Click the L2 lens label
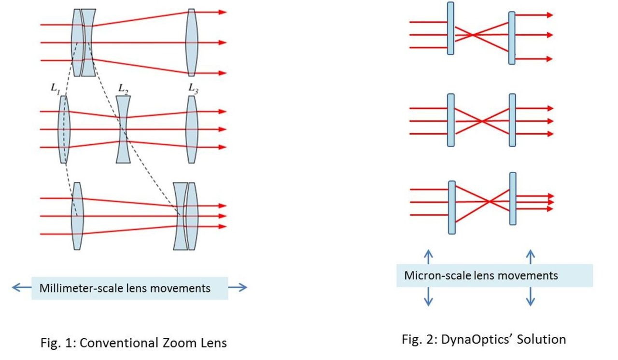coord(124,89)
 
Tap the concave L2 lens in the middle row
coord(124,129)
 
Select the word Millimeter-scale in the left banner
coord(74,288)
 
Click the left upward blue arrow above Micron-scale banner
coord(428,256)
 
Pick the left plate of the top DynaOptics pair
coord(450,28)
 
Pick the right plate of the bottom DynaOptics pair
coord(513,198)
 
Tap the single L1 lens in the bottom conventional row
coord(78,216)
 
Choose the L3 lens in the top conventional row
coord(192,42)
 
